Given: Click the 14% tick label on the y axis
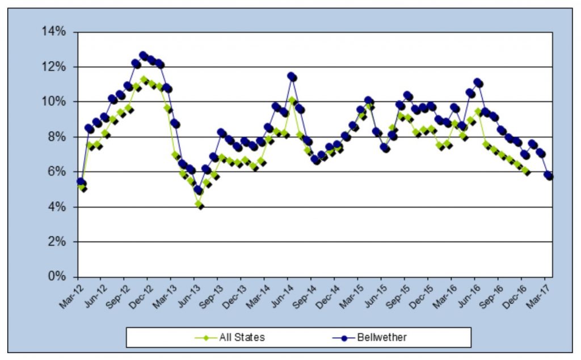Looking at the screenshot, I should [x=55, y=32].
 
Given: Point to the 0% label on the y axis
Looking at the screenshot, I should [x=57, y=277].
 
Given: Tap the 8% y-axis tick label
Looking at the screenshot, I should [x=57, y=137].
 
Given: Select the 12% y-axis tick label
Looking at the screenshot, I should [x=55, y=67].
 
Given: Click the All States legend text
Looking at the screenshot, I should [x=242, y=337].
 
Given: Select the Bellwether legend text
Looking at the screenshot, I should [x=382, y=337].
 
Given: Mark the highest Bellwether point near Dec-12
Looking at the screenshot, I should [x=144, y=56].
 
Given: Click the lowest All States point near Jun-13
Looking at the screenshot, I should [x=199, y=205].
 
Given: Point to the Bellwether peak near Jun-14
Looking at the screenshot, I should [x=292, y=77].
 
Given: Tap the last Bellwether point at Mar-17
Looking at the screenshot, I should [x=549, y=176].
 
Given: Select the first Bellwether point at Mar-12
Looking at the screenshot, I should [x=81, y=182].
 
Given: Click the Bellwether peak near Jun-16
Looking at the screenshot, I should [x=478, y=83].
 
